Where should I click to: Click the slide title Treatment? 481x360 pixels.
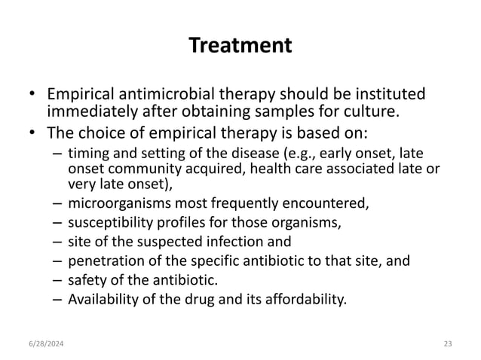pyautogui.click(x=240, y=46)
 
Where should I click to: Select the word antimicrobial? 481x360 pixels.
pyautogui.click(x=154, y=96)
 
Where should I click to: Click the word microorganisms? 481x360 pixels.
pyautogui.click(x=115, y=203)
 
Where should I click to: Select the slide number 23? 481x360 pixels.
pyautogui.click(x=447, y=343)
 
